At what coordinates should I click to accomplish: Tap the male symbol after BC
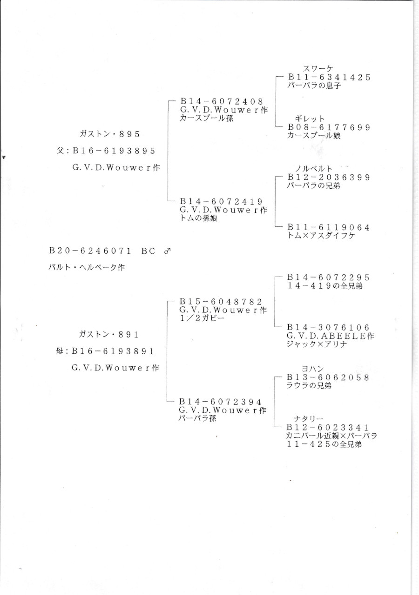(168, 251)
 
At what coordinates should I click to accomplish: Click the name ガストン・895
(110, 134)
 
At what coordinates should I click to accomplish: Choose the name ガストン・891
(109, 334)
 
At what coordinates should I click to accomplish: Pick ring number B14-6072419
(222, 201)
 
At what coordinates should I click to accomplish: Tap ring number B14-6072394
(221, 402)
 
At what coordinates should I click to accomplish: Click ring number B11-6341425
(329, 78)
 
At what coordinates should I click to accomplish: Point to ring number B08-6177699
(329, 127)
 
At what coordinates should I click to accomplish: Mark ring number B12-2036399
(329, 178)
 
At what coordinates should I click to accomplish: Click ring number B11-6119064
(329, 227)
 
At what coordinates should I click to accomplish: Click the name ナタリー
(309, 419)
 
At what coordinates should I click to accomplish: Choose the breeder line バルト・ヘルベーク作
(87, 267)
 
